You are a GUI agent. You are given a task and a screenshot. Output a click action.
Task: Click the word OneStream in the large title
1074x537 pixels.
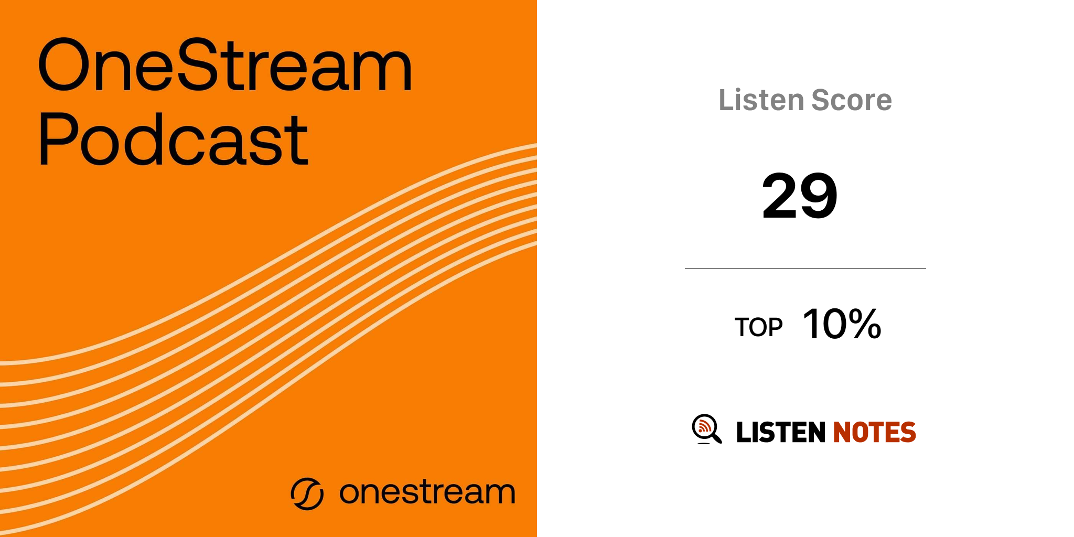(225, 65)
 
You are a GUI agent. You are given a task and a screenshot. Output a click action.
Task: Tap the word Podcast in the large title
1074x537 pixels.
(174, 139)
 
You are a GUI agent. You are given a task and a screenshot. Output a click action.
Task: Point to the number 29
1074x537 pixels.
(800, 196)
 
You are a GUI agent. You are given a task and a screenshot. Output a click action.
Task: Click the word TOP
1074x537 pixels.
(758, 327)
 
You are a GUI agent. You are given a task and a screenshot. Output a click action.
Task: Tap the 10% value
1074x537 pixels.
(842, 324)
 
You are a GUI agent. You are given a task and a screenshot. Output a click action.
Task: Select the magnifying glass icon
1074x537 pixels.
(707, 429)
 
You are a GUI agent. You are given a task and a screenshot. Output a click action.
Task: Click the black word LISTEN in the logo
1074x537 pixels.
(781, 432)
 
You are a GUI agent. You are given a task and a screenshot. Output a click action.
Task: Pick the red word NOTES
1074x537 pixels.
(874, 432)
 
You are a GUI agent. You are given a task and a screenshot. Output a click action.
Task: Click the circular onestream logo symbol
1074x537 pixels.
(307, 493)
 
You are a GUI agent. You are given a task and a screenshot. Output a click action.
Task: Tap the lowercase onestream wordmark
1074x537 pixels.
(427, 492)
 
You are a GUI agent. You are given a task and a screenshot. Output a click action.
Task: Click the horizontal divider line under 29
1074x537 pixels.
(805, 268)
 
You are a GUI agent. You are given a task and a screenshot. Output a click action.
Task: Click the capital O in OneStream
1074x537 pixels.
(64, 65)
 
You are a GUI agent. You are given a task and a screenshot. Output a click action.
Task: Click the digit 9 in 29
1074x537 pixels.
(819, 196)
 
